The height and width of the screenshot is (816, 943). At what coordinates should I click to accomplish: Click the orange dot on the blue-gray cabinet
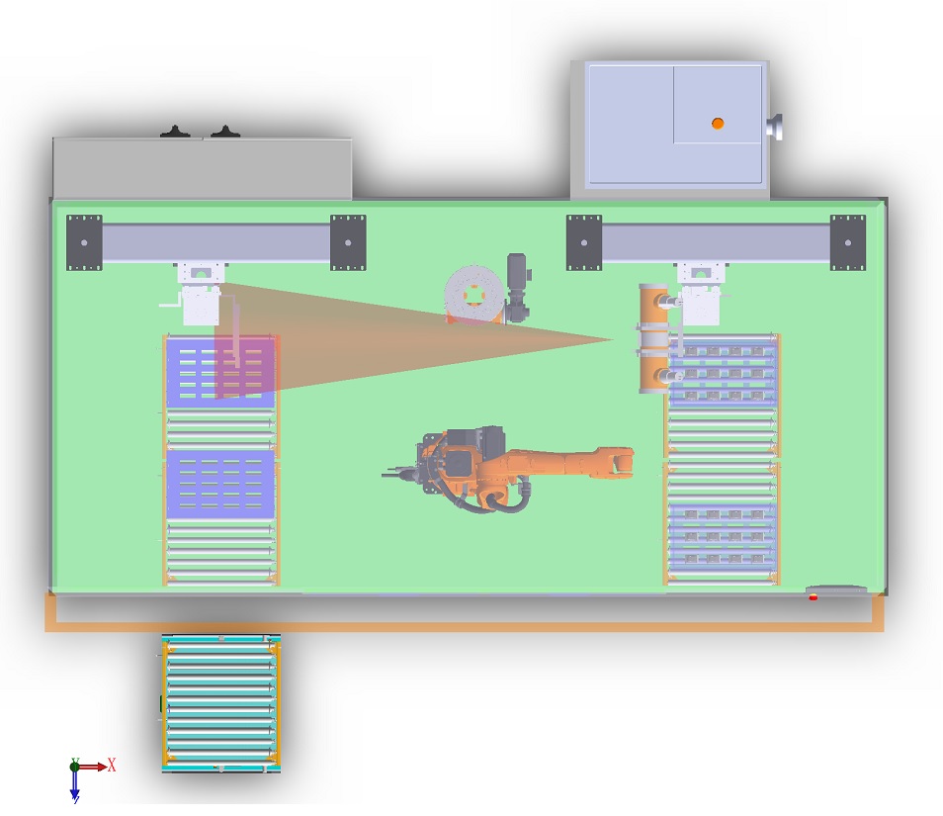[x=718, y=123]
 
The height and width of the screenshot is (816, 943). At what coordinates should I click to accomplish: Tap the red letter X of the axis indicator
[x=112, y=765]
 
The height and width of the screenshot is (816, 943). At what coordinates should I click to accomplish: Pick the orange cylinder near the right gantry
[x=652, y=338]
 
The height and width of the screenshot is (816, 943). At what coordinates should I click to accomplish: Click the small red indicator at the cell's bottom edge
[x=813, y=597]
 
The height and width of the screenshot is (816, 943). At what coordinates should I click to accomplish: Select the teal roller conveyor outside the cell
[x=221, y=703]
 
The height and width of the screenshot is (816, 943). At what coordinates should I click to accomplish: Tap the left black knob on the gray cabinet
[x=175, y=133]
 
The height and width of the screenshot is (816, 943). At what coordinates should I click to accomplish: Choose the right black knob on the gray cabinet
[x=226, y=133]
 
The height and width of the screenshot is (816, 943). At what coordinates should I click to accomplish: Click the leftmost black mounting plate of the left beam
[x=84, y=241]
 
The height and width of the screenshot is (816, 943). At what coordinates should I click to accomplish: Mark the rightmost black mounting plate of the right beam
[x=848, y=241]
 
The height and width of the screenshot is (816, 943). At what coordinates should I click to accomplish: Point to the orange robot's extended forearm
[x=573, y=463]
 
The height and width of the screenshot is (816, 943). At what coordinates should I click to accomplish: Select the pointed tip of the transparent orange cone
[x=613, y=340]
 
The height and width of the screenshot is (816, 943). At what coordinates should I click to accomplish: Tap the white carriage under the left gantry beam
[x=201, y=303]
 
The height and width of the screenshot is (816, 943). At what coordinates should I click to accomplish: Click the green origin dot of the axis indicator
[x=75, y=766]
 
